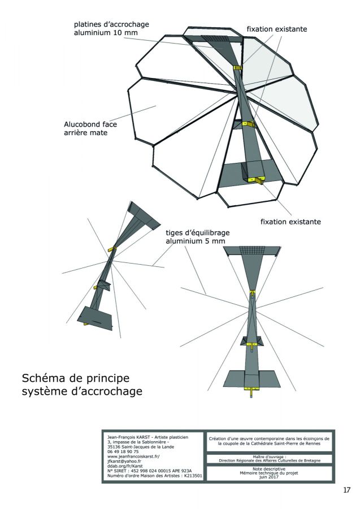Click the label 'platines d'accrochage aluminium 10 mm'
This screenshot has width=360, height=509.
(x=111, y=28)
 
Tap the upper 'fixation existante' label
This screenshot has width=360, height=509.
(x=277, y=29)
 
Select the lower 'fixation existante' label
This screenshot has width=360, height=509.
(x=290, y=222)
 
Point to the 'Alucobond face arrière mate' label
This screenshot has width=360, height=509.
(x=90, y=128)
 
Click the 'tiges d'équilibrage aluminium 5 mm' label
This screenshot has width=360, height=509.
(x=197, y=237)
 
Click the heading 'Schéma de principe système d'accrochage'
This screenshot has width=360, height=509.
(x=82, y=385)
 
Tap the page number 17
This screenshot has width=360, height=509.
(x=346, y=490)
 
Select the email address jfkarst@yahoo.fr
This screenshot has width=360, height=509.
(x=124, y=461)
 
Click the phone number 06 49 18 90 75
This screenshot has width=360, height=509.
(x=123, y=451)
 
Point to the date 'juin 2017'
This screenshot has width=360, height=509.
(x=269, y=477)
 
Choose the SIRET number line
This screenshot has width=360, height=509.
(x=150, y=471)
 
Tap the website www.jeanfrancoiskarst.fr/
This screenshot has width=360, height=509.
(x=133, y=456)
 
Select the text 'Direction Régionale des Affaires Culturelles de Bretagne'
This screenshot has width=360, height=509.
(x=270, y=460)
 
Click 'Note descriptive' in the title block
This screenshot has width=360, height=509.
(x=269, y=469)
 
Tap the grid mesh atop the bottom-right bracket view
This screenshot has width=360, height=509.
(x=252, y=251)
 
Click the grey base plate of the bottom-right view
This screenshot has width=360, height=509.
(x=251, y=378)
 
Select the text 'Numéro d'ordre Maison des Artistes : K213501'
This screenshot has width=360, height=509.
(x=155, y=476)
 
